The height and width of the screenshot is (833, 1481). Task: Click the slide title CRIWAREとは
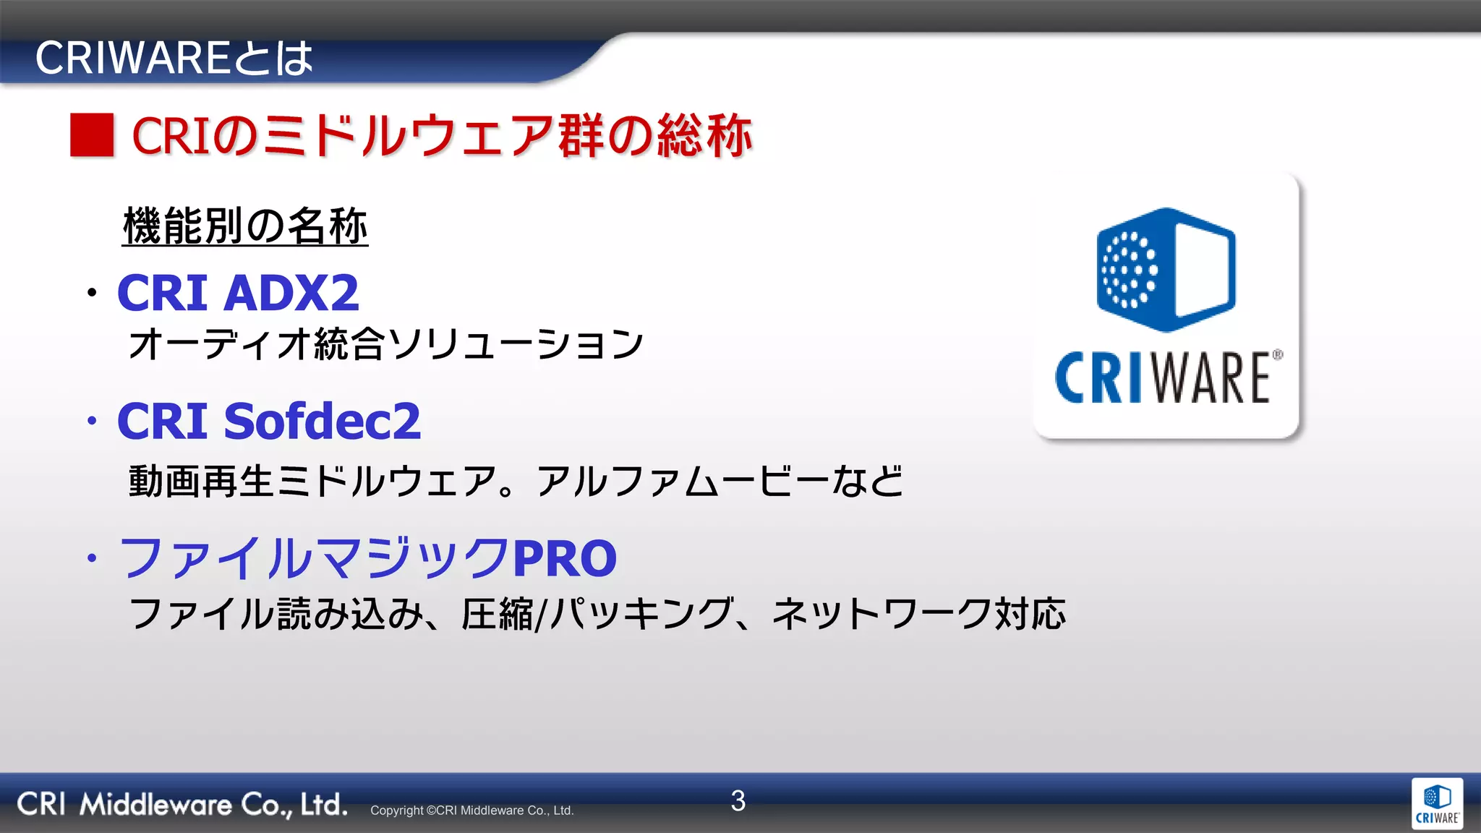point(174,59)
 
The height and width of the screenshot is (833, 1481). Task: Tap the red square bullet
point(92,135)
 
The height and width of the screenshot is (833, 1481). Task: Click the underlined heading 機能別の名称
point(245,226)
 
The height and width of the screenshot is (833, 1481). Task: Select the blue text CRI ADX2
point(238,293)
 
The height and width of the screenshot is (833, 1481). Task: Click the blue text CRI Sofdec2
point(268,421)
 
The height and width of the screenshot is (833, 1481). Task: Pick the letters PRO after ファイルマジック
point(564,558)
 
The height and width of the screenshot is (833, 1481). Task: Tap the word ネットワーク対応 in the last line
point(918,614)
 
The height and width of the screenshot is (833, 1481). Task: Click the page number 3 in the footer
point(738,800)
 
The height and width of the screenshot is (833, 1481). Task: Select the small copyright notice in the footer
point(471,811)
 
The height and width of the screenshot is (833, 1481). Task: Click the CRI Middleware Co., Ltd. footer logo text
point(182,804)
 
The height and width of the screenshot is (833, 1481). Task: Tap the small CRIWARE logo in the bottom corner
point(1437,804)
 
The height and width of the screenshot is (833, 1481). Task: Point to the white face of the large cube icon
point(1203,269)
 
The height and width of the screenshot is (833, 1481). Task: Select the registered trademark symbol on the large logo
point(1278,355)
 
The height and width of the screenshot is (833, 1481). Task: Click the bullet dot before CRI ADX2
point(92,293)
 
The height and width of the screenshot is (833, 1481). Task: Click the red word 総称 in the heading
point(704,135)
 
